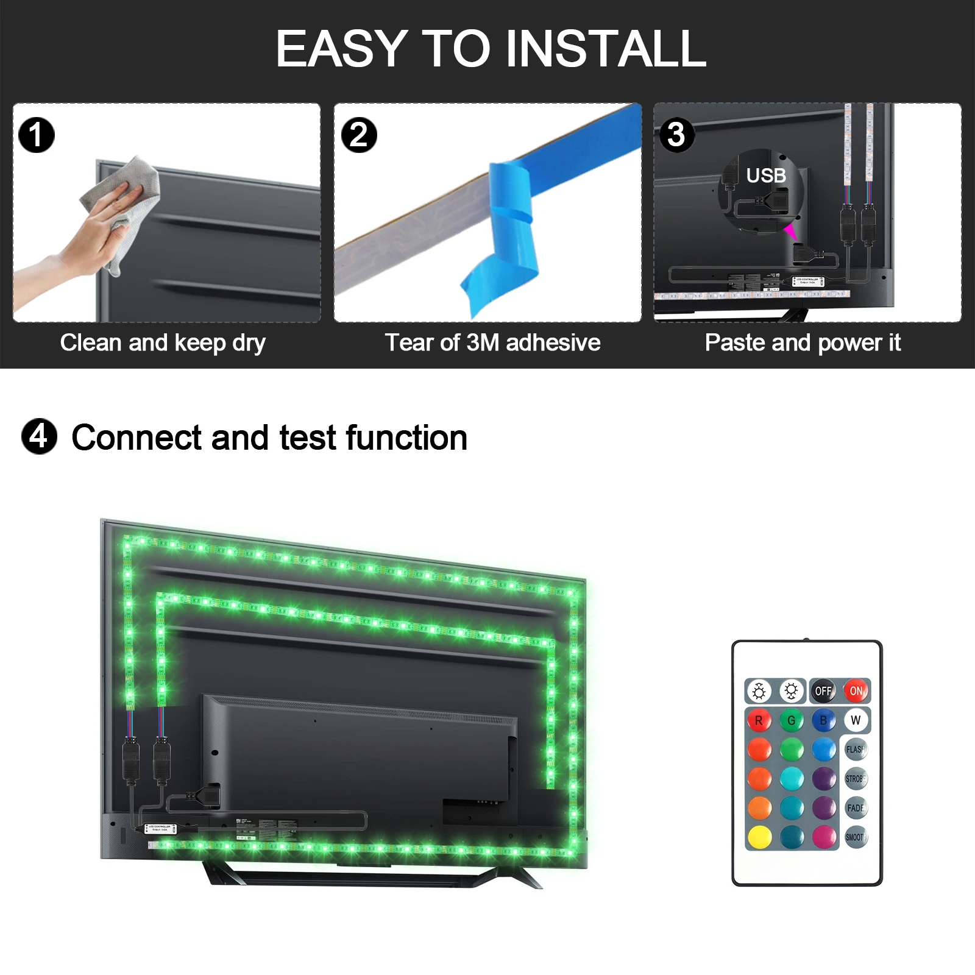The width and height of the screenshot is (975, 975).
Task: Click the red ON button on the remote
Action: pyautogui.click(x=856, y=691)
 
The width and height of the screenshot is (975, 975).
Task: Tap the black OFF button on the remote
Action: pyautogui.click(x=823, y=691)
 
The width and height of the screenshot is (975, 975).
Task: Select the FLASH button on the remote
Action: pyautogui.click(x=856, y=750)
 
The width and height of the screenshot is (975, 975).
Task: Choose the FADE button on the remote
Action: pyautogui.click(x=856, y=808)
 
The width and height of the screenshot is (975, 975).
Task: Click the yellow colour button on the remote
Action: pyautogui.click(x=759, y=837)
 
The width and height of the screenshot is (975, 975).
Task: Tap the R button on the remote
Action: pyautogui.click(x=759, y=720)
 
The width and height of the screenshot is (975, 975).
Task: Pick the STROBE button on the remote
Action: pyautogui.click(x=856, y=779)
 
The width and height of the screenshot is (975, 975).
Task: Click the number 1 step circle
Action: pyautogui.click(x=37, y=135)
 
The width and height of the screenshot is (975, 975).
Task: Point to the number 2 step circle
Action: pyautogui.click(x=359, y=135)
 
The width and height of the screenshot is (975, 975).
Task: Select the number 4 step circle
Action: pyautogui.click(x=40, y=436)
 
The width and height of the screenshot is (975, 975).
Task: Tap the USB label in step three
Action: pyautogui.click(x=766, y=175)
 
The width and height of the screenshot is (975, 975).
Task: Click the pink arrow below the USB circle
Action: pyautogui.click(x=790, y=232)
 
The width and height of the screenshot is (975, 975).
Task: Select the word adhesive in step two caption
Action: pyautogui.click(x=553, y=342)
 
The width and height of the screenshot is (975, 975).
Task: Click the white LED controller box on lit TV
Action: pyautogui.click(x=160, y=829)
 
